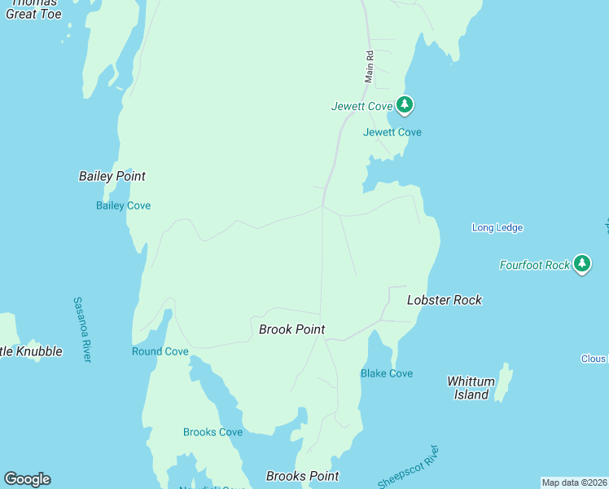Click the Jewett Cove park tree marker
(405, 104)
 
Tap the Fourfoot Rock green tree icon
(581, 263)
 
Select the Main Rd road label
(369, 67)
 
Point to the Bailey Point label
(112, 176)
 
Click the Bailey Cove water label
(123, 205)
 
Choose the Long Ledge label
(497, 227)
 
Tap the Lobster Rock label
(444, 300)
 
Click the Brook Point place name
(291, 329)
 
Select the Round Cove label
(160, 351)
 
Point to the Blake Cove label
(386, 373)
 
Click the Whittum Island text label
(471, 388)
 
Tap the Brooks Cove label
(212, 432)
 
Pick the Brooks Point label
(302, 476)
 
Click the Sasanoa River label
(82, 329)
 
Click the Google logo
(27, 479)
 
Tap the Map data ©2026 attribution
(574, 482)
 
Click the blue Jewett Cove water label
(392, 132)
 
